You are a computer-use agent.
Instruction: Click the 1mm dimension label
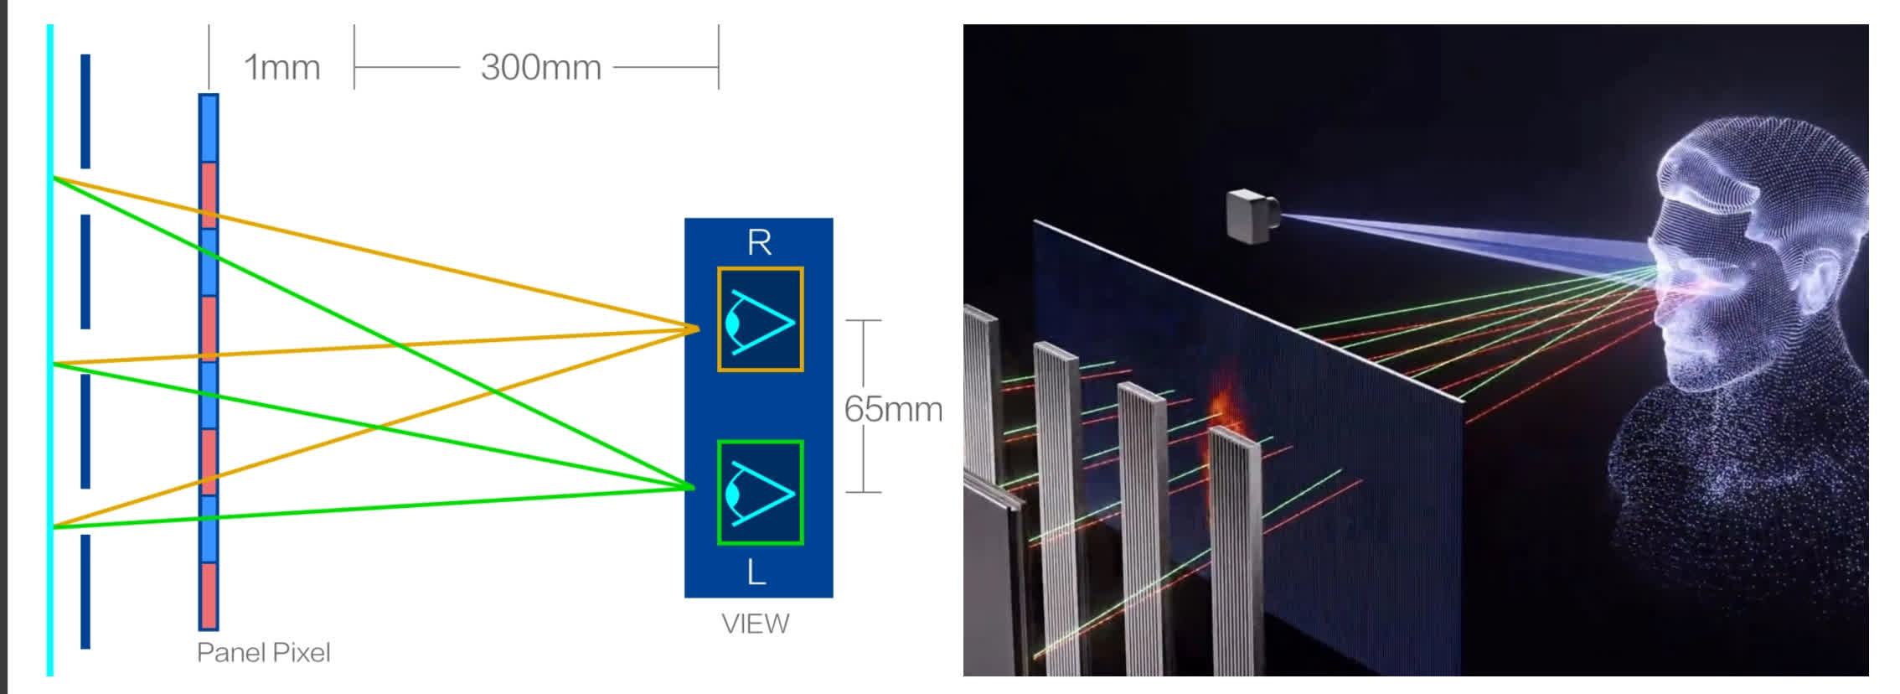(281, 67)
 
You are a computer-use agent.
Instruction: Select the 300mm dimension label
(540, 67)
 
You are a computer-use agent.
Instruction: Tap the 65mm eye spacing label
(892, 408)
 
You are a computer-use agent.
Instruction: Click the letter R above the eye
(759, 242)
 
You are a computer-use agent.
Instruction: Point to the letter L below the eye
(756, 572)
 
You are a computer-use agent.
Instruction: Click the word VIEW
(756, 624)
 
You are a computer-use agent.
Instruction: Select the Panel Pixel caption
(263, 652)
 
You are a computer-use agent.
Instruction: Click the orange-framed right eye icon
(760, 319)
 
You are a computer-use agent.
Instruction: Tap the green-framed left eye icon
(760, 492)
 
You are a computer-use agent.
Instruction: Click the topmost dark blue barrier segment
(85, 111)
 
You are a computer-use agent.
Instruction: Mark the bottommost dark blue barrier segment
(85, 591)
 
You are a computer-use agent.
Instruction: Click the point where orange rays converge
(697, 329)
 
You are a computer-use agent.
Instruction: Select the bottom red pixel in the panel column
(209, 595)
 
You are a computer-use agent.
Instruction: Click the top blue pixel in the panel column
(209, 128)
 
